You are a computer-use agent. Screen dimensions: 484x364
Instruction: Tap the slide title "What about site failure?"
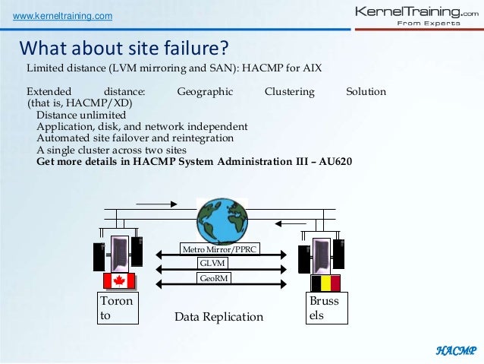[x=124, y=49]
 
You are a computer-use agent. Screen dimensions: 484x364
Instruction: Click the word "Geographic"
[x=205, y=92]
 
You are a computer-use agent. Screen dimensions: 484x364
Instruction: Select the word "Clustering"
[x=289, y=92]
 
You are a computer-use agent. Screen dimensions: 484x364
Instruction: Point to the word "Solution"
[x=366, y=92]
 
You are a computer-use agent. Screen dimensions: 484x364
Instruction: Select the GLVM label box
[x=213, y=263]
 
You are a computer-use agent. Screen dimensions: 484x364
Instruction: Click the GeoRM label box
[x=213, y=278]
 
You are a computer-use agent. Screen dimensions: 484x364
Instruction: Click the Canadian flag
[x=118, y=282]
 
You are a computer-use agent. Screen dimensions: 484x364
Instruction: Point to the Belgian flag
[x=325, y=283]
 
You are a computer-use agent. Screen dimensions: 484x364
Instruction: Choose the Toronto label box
[x=118, y=309]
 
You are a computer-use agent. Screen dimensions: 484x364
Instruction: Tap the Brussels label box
[x=324, y=309]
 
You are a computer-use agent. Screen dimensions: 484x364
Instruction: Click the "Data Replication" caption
[x=218, y=317]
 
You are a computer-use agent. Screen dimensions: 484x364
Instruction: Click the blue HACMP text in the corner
[x=455, y=350]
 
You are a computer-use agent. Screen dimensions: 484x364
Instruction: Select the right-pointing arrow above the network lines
[x=156, y=203]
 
